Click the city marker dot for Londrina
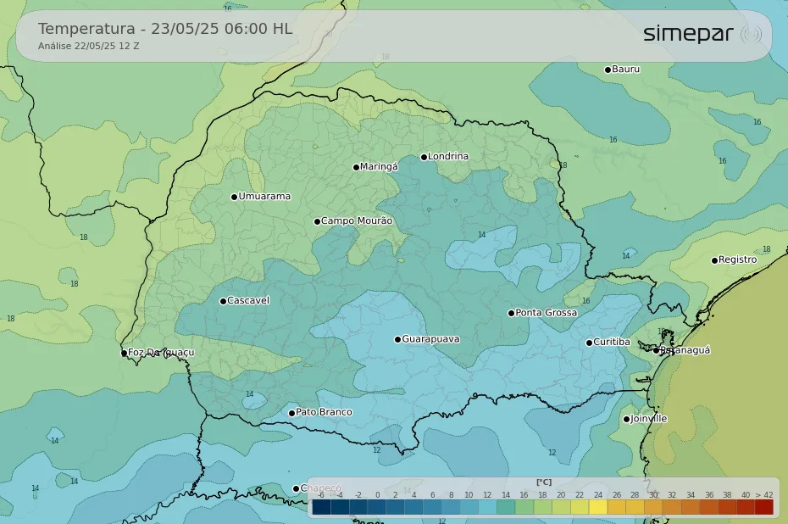[424, 157]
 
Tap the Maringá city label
[379, 167]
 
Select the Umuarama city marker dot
[234, 197]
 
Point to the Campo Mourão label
[357, 221]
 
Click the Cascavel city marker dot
[223, 301]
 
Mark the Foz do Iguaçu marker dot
[124, 353]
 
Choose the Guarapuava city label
[430, 339]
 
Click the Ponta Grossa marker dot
[511, 313]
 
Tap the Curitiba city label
[611, 343]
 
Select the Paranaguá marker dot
[656, 350]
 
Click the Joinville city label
[649, 419]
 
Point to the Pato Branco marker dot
[291, 413]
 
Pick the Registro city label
[737, 260]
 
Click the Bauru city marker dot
[608, 70]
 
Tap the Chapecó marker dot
[296, 488]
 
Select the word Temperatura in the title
[86, 29]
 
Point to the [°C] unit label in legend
[543, 482]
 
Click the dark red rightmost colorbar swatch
[764, 507]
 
